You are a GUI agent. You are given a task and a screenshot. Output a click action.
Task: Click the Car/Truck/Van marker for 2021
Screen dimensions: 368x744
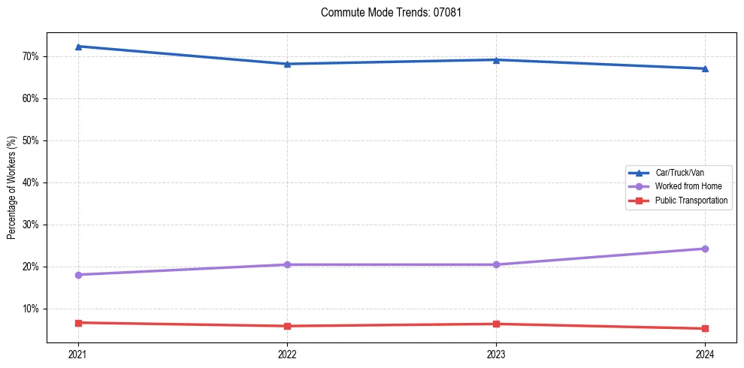78,47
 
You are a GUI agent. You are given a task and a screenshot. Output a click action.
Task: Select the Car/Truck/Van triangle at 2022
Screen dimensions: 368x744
287,64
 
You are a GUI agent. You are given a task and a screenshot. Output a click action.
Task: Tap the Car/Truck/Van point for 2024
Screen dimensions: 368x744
705,68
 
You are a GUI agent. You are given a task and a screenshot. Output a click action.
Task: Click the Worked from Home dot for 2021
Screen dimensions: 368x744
78,275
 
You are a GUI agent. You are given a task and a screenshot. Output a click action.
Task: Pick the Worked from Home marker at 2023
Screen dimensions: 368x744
496,264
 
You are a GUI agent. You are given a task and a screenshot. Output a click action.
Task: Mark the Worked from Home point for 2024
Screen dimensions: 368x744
705,249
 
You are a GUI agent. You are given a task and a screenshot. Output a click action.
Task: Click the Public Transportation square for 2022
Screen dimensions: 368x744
287,326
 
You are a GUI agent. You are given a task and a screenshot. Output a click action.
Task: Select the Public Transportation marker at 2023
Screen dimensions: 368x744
496,324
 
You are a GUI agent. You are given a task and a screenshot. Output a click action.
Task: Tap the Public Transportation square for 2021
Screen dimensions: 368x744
78,323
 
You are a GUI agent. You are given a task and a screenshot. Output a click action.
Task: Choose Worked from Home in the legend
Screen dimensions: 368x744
688,186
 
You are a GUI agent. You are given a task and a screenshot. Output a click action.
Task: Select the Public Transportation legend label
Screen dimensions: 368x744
691,201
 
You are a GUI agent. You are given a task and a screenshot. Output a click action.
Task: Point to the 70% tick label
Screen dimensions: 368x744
31,56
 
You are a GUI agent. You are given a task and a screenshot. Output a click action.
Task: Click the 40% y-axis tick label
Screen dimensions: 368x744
31,182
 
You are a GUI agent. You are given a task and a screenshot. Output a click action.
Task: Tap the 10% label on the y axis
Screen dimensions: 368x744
31,309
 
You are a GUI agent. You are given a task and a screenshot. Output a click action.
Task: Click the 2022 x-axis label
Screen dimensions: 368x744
287,354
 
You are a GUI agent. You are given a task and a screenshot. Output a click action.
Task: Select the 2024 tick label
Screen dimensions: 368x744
705,354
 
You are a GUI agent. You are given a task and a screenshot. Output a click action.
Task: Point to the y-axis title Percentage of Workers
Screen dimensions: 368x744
11,188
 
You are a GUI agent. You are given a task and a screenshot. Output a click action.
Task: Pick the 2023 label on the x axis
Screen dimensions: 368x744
496,354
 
